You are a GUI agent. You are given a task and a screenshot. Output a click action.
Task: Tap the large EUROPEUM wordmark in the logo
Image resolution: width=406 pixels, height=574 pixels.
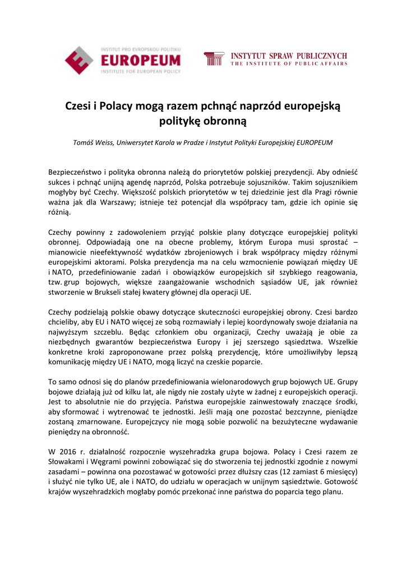[141, 61]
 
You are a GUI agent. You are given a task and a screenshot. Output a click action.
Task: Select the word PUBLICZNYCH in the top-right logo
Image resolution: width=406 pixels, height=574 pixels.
[322, 56]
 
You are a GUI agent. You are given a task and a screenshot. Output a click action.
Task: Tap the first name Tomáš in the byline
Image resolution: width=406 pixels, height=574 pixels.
[85, 142]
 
